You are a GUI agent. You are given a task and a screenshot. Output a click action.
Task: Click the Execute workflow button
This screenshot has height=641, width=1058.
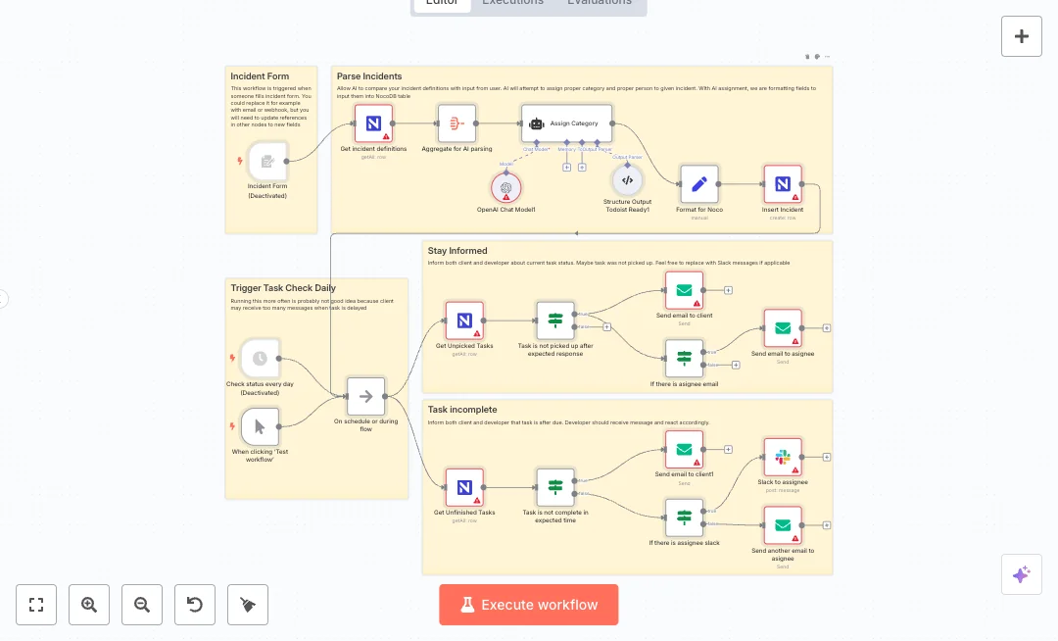pos(528,605)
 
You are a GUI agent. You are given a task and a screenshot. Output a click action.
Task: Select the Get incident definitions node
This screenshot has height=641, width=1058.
pos(373,124)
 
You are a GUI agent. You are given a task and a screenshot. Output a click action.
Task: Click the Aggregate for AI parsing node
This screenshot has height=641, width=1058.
pos(457,124)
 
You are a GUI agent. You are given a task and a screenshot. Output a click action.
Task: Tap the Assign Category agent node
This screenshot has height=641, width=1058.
pos(566,123)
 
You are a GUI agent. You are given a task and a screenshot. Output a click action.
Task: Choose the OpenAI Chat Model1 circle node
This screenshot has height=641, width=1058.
pos(506,186)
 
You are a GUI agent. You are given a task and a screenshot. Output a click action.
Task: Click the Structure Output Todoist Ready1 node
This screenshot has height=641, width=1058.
pos(627,180)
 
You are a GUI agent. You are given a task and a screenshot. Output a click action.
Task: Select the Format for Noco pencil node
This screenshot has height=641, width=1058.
pos(698,184)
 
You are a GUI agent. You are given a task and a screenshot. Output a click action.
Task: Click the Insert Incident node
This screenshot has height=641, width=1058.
pos(783,184)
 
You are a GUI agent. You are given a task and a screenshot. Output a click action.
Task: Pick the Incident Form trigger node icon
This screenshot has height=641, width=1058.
pos(266,161)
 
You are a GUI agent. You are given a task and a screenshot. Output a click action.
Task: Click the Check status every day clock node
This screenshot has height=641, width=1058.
pos(260,359)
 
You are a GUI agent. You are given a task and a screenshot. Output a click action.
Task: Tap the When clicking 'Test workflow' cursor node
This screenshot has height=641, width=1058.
pos(260,426)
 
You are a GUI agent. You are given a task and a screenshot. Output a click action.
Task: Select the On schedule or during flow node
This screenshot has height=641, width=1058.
pos(365,396)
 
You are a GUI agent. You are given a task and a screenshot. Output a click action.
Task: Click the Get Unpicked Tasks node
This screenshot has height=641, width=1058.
pos(464,320)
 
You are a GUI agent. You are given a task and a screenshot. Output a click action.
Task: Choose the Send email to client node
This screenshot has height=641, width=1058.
pos(684,290)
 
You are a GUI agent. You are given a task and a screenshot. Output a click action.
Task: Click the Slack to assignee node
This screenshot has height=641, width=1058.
pos(783,457)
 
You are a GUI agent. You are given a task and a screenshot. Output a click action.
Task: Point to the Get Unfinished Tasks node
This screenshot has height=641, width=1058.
pos(464,487)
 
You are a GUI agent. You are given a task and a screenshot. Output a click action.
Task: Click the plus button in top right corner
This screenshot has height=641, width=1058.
pos(1021,36)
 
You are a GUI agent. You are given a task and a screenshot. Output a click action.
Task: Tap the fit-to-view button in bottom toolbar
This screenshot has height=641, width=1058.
pos(36,605)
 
